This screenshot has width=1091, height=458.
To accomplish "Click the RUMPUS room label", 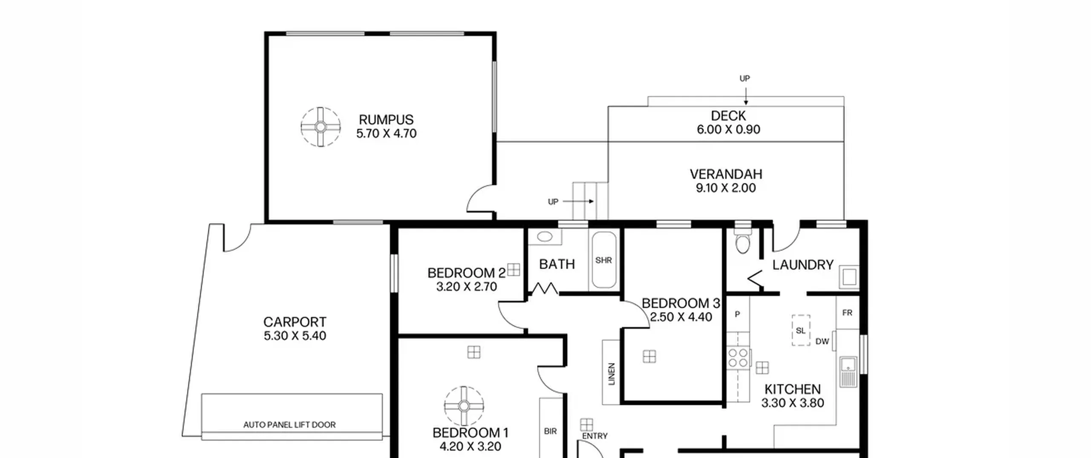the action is tap(386, 120).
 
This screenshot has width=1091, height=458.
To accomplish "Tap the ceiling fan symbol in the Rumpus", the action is tap(320, 127).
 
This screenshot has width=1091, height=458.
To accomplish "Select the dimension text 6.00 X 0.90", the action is tap(728, 130).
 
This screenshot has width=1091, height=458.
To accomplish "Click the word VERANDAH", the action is tap(726, 174).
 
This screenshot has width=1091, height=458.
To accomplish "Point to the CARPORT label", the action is tap(295, 322).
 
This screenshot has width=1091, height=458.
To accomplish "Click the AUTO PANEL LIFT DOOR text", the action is tap(289, 425).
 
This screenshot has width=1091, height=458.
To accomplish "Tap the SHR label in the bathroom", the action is tap(603, 260).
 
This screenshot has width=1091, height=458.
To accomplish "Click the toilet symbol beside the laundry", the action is tap(742, 242).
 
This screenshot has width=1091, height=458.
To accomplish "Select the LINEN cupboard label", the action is tap(612, 374).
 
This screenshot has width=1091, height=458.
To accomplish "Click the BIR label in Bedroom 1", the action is tap(550, 432).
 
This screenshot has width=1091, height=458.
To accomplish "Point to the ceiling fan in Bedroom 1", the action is tap(464, 406).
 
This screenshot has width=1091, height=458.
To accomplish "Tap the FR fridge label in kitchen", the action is tap(847, 313).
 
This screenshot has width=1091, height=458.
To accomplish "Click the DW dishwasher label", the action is tap(822, 341).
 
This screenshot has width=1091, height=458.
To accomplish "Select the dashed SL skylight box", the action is tap(801, 330).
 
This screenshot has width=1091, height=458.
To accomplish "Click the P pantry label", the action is tap(737, 314).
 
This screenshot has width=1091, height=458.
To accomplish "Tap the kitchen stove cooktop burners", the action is tap(738, 358).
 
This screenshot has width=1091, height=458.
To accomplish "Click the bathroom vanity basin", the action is tap(545, 237).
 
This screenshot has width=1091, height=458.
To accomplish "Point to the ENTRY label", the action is tap(595, 436).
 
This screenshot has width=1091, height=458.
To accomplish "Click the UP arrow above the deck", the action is tap(746, 96).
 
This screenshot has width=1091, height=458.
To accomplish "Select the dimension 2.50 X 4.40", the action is tap(681, 317).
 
